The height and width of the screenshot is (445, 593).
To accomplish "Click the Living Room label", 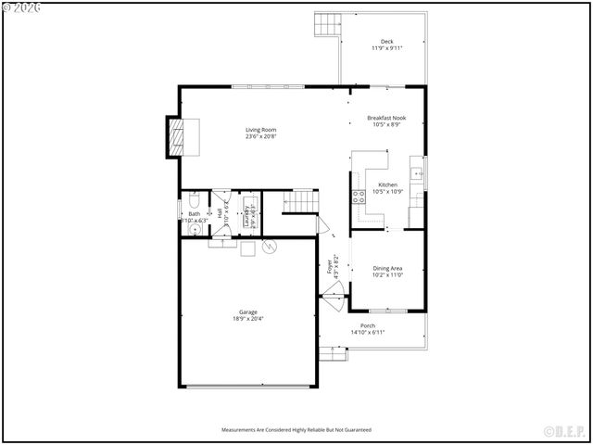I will tap(261, 130).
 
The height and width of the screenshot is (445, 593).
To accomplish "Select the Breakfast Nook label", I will tap(386, 118).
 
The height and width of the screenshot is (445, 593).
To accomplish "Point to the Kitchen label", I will tap(387, 184).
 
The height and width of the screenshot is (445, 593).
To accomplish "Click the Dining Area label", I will tap(387, 268).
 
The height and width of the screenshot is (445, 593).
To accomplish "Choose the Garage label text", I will tap(248, 311).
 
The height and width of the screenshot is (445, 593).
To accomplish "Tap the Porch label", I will tap(368, 325).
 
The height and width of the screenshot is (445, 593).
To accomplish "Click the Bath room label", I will tap(195, 214).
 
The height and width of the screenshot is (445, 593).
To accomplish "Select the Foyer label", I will tap(330, 266).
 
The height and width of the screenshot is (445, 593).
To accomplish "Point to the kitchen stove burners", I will tap(358, 195).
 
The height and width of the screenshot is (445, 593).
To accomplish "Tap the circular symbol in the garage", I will tap(270, 247).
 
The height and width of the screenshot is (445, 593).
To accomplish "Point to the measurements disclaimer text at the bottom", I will tap(296, 430).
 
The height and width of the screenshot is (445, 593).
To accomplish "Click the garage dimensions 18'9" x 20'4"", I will tap(248, 319).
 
